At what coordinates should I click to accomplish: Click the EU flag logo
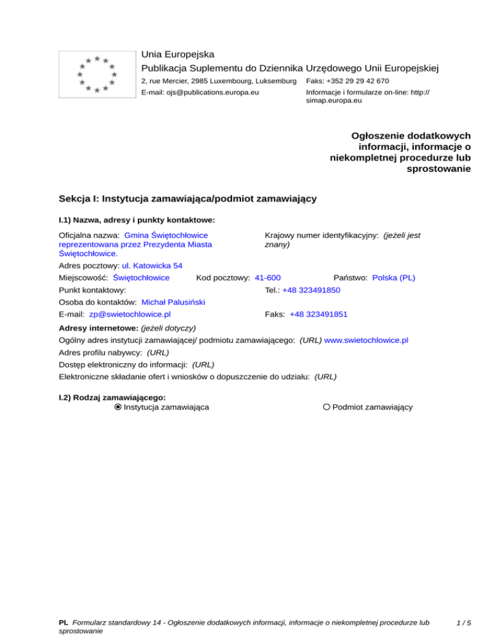97,74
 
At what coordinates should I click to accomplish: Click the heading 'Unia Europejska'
178,54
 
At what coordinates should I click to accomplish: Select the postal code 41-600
267,278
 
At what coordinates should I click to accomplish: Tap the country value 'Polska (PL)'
394,278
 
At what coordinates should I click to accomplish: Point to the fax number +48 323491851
318,315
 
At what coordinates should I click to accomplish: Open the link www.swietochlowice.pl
367,340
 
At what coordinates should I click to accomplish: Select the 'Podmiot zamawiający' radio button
327,407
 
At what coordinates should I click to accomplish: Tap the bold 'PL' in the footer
63,624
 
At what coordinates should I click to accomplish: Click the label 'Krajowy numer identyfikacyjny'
320,236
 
